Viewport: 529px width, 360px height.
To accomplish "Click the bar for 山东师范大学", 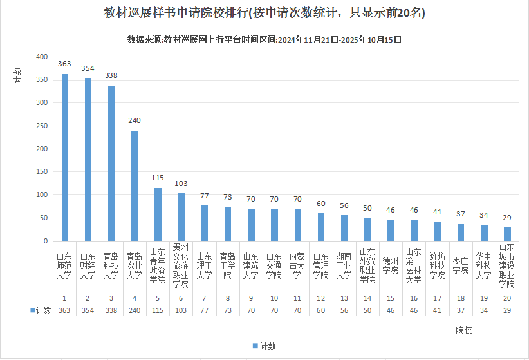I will (x=65, y=157).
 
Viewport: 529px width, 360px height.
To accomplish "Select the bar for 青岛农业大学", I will (x=135, y=185).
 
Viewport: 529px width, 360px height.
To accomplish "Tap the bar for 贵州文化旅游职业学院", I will (x=181, y=217).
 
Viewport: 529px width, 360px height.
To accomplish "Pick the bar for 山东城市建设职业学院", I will (x=508, y=234).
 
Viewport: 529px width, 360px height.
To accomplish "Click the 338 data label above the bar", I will (x=111, y=75).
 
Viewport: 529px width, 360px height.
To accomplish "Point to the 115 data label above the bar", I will (x=158, y=178).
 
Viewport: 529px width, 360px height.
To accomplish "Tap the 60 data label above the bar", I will (x=320, y=203).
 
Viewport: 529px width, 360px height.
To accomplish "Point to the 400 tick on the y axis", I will (x=42, y=57).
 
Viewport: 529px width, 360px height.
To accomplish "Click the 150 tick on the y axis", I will (x=42, y=172).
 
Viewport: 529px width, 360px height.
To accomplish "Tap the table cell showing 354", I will (x=88, y=310).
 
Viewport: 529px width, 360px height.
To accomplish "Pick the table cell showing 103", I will (x=181, y=310).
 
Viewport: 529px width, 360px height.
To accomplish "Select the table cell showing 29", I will (x=508, y=310).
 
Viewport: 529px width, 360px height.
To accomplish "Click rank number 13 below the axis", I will (x=344, y=298).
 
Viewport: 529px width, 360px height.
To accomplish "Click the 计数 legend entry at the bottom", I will (x=264, y=346).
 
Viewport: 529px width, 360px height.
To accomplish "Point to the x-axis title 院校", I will (x=464, y=330).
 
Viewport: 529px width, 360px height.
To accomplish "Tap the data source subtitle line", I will (x=264, y=39).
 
